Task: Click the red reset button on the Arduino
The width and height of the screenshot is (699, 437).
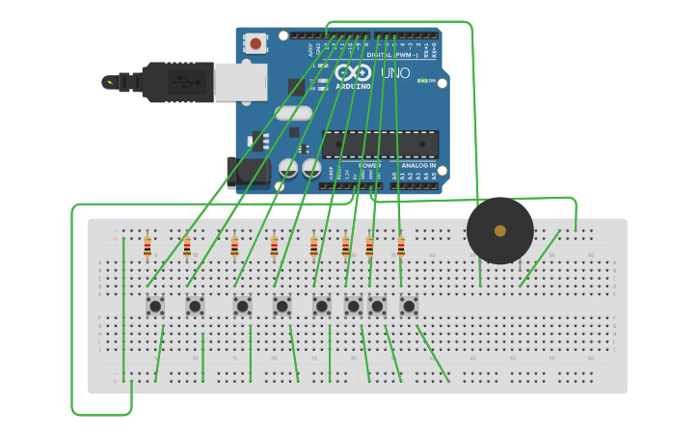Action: click(x=255, y=43)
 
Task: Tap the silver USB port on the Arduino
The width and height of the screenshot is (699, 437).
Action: click(x=240, y=82)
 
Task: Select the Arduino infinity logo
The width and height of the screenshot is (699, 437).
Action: click(x=353, y=72)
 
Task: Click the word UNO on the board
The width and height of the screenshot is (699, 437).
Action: click(x=395, y=73)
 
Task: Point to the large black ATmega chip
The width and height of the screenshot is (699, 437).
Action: click(x=380, y=145)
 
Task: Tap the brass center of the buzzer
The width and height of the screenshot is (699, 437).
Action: click(x=499, y=231)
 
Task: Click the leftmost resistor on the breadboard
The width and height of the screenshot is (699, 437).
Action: click(x=148, y=248)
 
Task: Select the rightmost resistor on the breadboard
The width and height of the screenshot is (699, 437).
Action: click(x=401, y=248)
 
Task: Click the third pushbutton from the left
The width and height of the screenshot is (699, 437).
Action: click(x=242, y=306)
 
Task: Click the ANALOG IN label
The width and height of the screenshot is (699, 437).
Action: click(x=419, y=165)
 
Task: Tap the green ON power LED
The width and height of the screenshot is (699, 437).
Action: click(x=422, y=81)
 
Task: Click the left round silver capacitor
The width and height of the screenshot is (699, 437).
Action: click(x=288, y=168)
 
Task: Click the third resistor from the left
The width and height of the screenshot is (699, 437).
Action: click(x=234, y=248)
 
